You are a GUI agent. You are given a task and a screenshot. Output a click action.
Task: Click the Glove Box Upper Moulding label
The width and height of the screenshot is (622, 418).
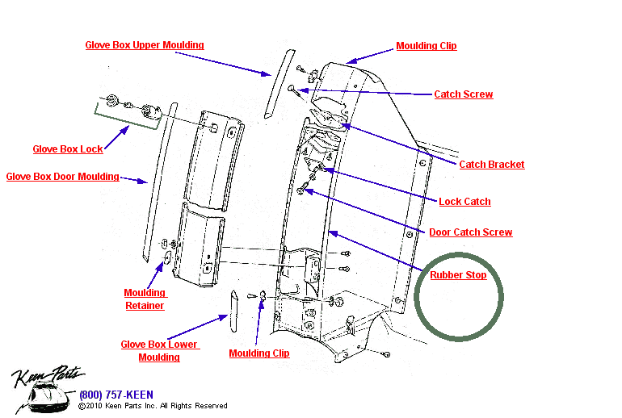tap(145, 45)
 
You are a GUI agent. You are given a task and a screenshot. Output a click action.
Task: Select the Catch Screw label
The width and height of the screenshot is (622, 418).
tap(463, 94)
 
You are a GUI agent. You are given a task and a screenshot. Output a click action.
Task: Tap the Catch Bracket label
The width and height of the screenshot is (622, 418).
tap(491, 165)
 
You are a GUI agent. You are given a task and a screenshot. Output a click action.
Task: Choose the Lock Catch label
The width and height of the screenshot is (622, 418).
tap(464, 202)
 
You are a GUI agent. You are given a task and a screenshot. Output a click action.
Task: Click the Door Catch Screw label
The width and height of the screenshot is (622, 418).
tap(470, 232)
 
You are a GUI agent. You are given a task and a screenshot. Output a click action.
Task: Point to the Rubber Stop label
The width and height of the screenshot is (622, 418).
tap(458, 275)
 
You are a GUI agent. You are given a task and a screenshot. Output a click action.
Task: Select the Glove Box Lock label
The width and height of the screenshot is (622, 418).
tap(68, 149)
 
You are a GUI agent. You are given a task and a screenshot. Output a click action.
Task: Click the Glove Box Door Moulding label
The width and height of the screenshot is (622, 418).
tap(62, 177)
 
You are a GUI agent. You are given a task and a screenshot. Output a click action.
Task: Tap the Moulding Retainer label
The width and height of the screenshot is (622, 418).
tap(145, 299)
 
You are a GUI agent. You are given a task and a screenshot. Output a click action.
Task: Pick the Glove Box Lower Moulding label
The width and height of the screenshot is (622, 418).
tap(159, 351)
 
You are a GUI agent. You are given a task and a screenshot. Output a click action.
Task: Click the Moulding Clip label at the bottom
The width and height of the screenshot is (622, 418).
tap(258, 353)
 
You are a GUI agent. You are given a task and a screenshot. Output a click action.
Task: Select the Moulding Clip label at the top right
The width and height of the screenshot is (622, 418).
tap(426, 46)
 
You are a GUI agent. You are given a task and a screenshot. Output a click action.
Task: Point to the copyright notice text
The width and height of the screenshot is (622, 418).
tap(153, 406)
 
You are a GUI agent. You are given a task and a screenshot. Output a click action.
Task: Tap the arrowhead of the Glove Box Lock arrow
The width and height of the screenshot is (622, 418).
tap(126, 127)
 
